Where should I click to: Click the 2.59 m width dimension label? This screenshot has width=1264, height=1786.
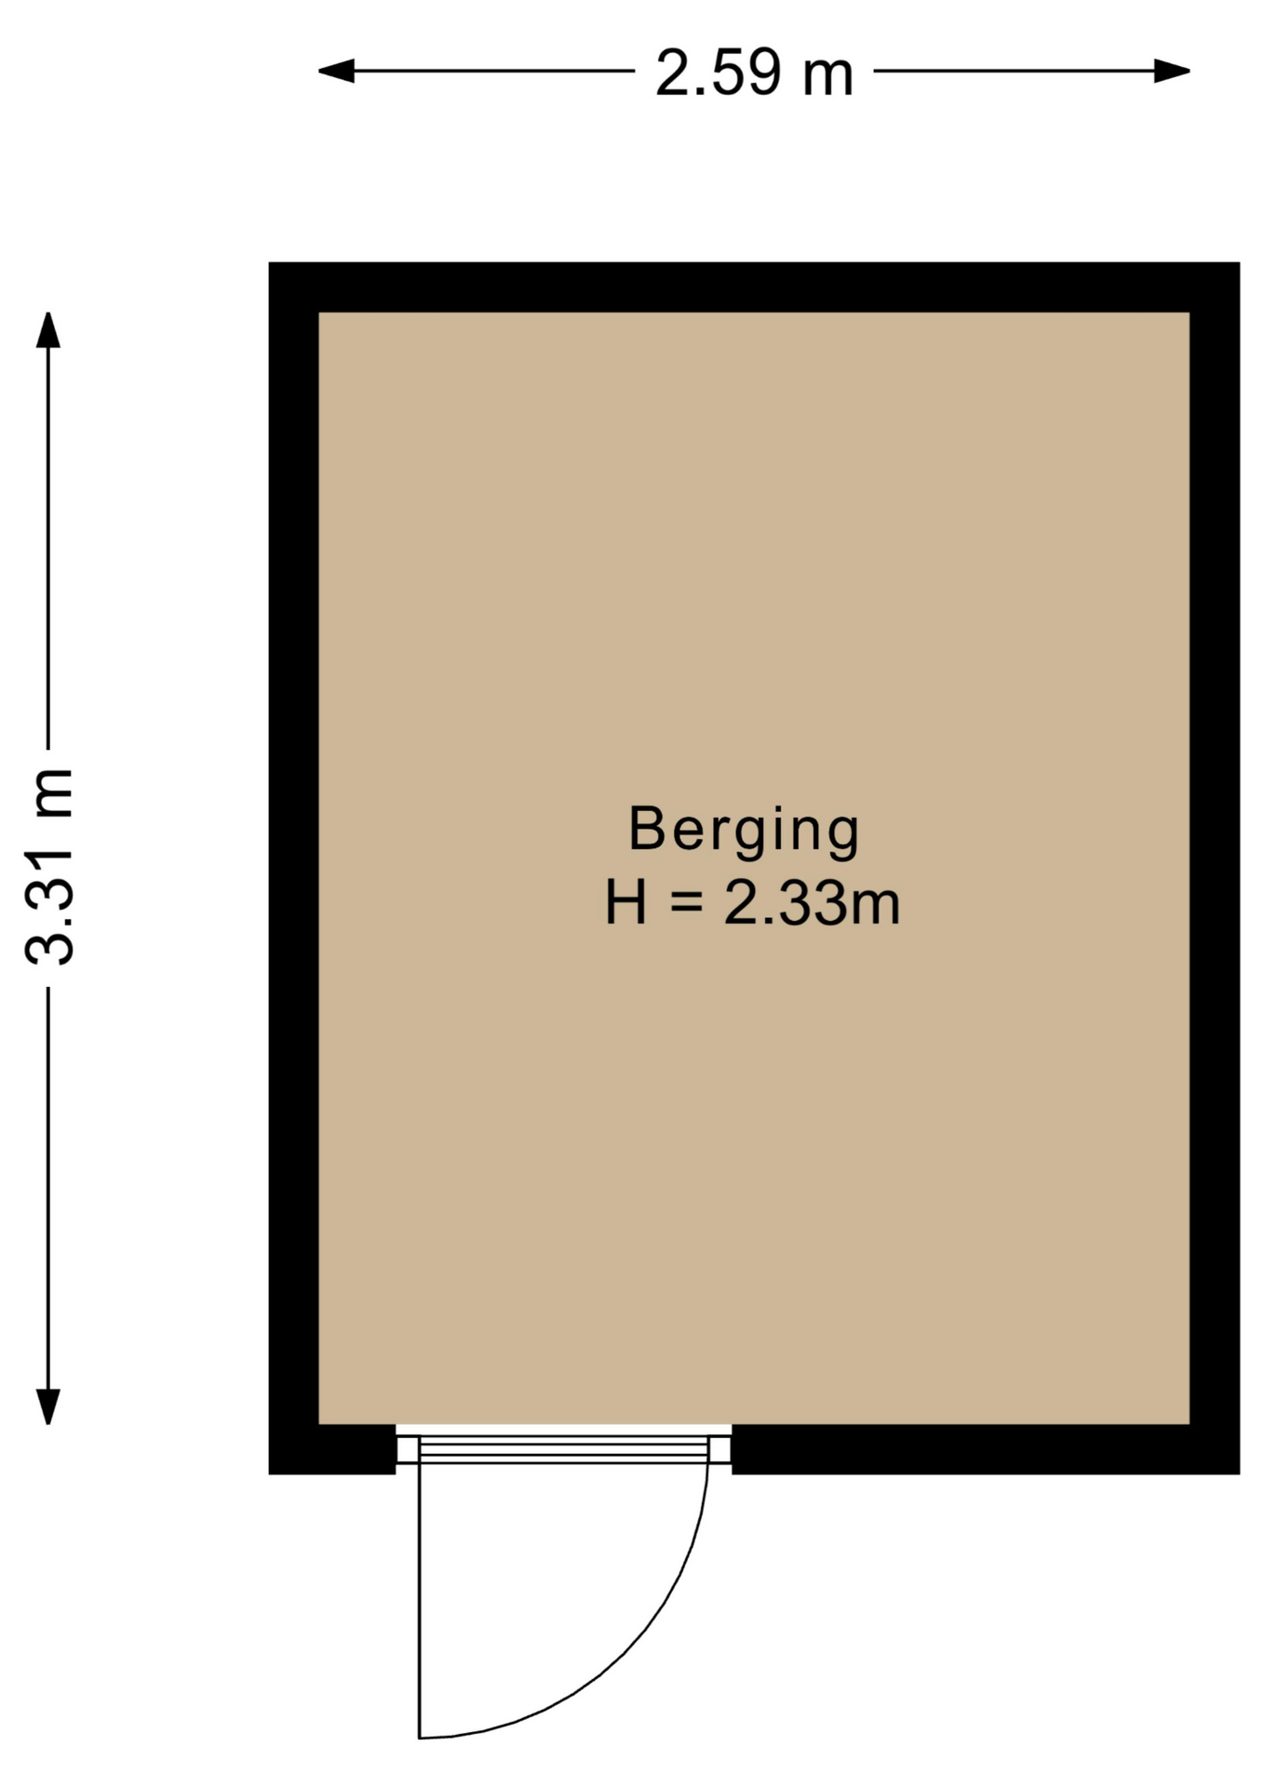pos(754,73)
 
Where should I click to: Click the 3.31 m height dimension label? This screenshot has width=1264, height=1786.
pos(48,867)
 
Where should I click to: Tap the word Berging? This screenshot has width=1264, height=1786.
pos(744,831)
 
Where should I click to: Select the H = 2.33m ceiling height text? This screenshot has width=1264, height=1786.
pos(752,902)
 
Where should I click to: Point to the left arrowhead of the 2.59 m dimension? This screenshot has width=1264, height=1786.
pos(336,71)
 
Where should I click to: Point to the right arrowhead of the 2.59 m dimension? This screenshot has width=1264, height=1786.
pos(1172,71)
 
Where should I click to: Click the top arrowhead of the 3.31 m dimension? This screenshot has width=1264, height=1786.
pos(48,330)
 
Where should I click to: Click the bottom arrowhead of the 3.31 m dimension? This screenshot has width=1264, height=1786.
pos(48,1406)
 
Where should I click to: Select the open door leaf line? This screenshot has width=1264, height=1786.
pos(419,1600)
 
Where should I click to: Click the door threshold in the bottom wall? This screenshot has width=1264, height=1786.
pos(563,1449)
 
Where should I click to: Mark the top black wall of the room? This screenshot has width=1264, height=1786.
pos(754,287)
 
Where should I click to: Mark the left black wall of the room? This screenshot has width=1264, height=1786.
pos(294,868)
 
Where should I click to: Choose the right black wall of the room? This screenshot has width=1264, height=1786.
pos(1215,868)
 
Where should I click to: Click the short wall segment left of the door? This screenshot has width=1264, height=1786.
pos(332,1449)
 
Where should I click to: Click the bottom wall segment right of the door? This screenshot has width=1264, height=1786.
pos(986,1449)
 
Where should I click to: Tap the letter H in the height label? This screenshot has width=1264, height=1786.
pos(625,902)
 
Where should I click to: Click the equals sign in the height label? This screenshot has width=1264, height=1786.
pos(686,903)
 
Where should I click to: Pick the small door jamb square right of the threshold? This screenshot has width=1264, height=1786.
pos(720,1449)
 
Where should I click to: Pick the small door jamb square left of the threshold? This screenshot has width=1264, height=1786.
pos(408,1449)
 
